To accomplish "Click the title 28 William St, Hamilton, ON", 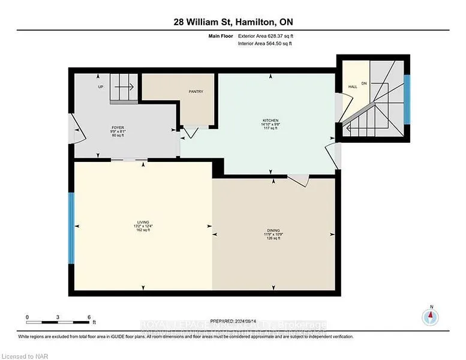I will (233, 22).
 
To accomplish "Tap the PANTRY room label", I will (196, 92).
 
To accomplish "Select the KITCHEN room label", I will (270, 121).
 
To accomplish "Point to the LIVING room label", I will (143, 223).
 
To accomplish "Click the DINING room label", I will (273, 230).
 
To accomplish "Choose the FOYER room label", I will (118, 128).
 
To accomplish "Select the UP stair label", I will (101, 87).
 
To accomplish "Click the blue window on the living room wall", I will (71, 228).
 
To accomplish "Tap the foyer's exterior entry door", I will (74, 131).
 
